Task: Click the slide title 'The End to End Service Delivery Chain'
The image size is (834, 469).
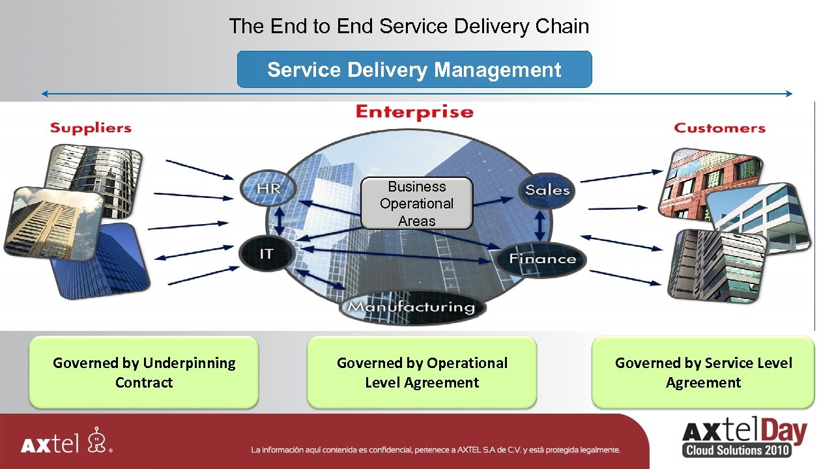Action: click(409, 27)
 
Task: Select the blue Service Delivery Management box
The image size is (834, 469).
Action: click(414, 70)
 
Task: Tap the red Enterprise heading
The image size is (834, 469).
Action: click(414, 112)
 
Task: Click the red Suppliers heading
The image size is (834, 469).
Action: click(91, 128)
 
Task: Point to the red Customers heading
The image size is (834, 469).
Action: click(719, 128)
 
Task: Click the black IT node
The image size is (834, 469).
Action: click(266, 253)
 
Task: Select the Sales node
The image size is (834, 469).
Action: click(547, 190)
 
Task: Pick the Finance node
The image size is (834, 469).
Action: click(542, 259)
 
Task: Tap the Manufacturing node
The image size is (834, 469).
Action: click(412, 307)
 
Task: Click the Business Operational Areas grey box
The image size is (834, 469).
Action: click(416, 203)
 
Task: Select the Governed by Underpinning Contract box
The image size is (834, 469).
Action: click(144, 373)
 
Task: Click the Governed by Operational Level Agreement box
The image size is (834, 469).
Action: click(422, 373)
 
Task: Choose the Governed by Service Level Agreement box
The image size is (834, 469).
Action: click(703, 373)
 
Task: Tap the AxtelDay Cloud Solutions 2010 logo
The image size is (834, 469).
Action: click(743, 438)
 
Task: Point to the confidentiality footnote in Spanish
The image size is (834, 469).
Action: click(435, 449)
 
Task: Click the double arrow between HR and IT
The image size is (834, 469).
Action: click(280, 221)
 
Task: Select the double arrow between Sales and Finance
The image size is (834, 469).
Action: click(540, 225)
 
